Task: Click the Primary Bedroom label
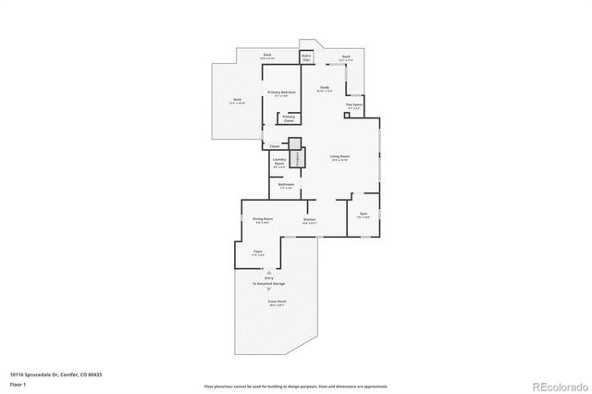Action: point(281,93)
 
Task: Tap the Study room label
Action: point(325,89)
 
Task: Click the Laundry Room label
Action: point(277,164)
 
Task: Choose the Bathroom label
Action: point(286,186)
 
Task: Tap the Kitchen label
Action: point(309,220)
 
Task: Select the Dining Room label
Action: point(262,220)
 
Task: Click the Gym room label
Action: point(364,215)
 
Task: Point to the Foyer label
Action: point(259,252)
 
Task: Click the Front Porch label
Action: point(276,302)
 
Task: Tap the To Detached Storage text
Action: point(269,284)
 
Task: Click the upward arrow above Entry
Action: point(269,272)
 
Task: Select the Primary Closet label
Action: point(289,117)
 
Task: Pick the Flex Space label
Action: point(353,105)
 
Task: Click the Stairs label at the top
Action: point(306,56)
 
